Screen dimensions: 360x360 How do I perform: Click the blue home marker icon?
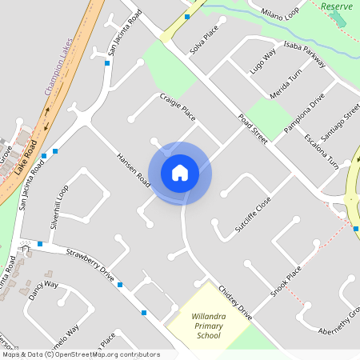(180, 173)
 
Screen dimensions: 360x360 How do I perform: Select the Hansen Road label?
(133, 170)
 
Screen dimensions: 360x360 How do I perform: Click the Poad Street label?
(253, 129)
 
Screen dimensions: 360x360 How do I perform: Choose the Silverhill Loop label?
(60, 207)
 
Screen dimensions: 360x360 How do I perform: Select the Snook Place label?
(285, 281)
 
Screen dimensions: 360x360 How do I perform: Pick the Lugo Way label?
(262, 62)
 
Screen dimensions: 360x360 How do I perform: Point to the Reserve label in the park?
(336, 6)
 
